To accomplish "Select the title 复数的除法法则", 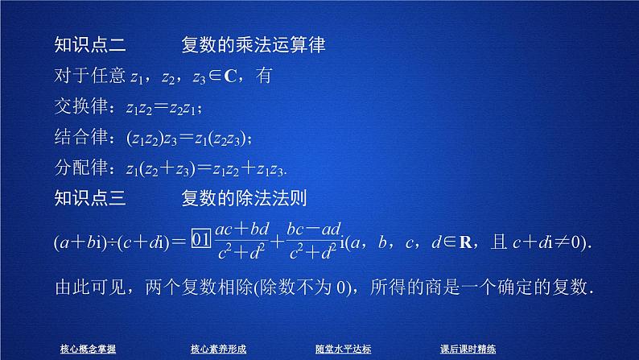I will tap(246, 197).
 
